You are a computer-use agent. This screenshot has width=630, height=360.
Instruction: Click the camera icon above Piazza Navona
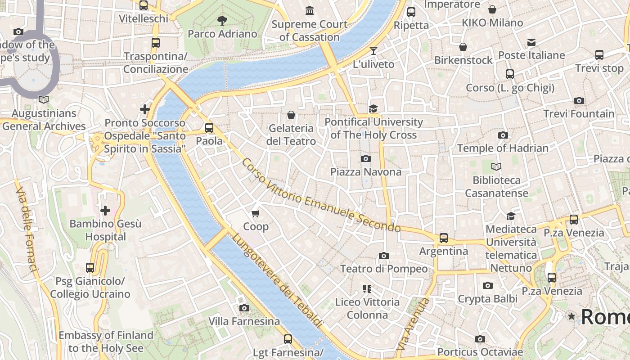366,158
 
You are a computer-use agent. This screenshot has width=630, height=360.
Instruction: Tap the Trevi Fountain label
579,114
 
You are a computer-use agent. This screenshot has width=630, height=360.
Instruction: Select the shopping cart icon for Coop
256,213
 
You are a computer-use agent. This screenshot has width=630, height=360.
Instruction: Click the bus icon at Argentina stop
444,238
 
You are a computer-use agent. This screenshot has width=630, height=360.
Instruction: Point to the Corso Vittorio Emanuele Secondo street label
320,195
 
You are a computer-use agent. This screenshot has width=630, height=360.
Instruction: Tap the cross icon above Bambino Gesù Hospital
105,210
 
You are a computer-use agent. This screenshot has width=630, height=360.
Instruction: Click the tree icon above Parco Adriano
222,20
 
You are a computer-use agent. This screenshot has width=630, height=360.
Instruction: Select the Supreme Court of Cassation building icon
310,10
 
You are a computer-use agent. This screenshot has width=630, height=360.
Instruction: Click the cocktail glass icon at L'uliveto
373,50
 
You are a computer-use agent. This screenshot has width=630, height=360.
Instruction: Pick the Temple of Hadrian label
503,148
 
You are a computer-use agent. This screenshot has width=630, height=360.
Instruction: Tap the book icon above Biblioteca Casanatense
496,167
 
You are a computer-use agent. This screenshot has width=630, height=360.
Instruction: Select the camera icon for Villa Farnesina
244,308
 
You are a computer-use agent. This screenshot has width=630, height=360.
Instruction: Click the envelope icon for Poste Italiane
531,42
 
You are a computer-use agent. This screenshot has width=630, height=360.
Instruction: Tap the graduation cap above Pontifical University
373,108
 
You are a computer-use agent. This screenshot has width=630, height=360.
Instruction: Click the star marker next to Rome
571,316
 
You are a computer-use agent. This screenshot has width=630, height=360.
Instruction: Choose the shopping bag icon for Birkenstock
463,47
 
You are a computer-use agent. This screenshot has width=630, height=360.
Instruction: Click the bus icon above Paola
209,127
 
